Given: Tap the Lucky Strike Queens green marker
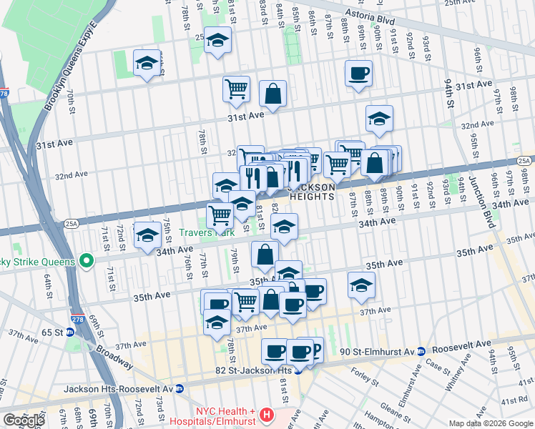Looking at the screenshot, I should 86,262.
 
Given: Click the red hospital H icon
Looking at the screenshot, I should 267,414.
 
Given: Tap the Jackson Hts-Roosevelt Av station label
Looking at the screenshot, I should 119,389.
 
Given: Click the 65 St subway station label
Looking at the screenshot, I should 52,332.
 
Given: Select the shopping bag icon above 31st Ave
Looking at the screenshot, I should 273,92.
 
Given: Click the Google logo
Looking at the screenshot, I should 24,420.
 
